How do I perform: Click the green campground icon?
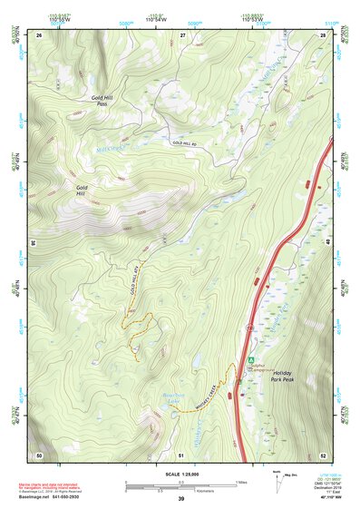coord(251,360)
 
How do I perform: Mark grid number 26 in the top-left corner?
coord(40,34)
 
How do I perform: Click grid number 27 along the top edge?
coord(182,34)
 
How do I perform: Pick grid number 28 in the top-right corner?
coord(322,34)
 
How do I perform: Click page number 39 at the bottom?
coord(180,499)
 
